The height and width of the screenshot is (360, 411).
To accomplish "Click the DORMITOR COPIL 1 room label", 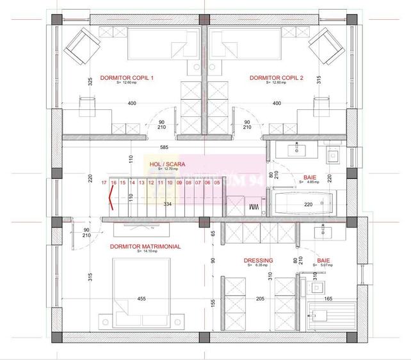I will tap(127, 77).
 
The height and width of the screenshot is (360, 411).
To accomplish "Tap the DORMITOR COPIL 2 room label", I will tap(276, 77).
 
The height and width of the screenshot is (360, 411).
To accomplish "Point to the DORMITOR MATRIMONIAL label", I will tap(145, 246).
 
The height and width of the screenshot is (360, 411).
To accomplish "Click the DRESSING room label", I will tap(259, 260).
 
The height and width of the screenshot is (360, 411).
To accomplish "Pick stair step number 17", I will tap(104, 183).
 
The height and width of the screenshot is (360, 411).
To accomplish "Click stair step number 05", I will tap(218, 183).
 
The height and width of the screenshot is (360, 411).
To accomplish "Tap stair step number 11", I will tap(161, 183).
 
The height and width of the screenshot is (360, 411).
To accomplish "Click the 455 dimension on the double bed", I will tap(141, 298).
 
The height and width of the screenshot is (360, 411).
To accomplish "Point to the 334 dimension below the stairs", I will tap(168, 205).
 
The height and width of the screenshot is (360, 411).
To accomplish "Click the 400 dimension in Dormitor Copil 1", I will tap(132, 103).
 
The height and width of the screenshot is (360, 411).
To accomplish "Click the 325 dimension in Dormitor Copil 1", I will tap(91, 81).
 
